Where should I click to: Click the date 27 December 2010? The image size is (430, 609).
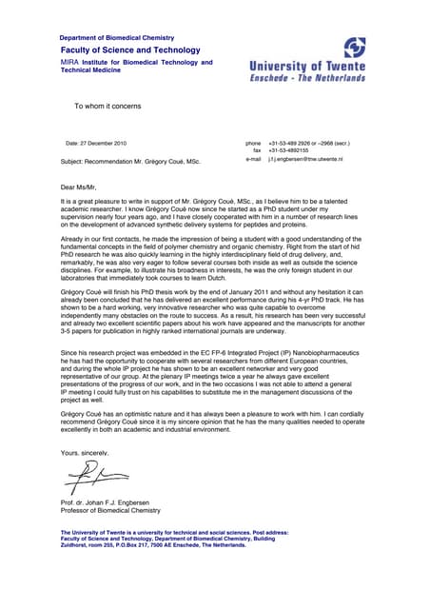95,143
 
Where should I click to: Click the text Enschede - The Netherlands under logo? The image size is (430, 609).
306,78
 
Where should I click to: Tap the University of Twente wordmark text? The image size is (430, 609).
306,67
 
